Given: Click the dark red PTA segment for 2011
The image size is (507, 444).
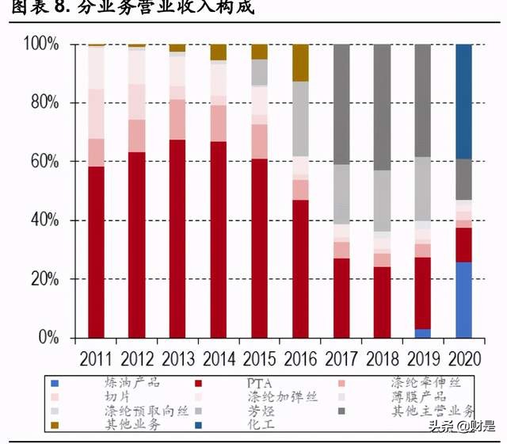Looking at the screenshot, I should [97, 252].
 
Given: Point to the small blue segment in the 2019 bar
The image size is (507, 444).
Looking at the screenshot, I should [423, 333].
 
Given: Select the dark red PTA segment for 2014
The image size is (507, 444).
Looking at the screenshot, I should [219, 239].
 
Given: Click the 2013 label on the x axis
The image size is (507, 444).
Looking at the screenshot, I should [178, 358].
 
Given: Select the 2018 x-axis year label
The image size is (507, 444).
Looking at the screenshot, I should [382, 358].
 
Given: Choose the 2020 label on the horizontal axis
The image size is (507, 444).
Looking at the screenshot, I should [464, 358].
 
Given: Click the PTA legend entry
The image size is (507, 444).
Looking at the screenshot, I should [258, 383].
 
